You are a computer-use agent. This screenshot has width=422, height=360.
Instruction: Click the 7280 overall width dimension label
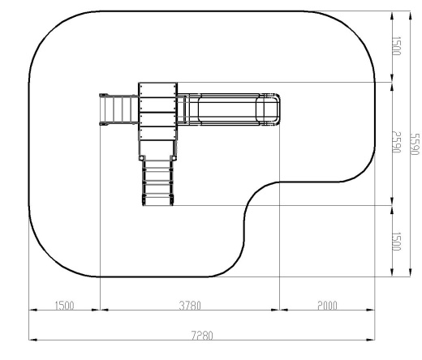(x=202, y=336)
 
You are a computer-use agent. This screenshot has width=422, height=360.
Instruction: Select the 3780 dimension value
(x=190, y=306)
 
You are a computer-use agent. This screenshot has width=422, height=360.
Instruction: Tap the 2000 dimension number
(x=327, y=306)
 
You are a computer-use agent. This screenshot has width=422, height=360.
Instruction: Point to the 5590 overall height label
(x=414, y=144)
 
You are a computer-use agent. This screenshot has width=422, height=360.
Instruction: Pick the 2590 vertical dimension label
(x=396, y=142)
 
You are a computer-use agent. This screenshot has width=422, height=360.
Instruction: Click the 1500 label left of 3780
(x=64, y=306)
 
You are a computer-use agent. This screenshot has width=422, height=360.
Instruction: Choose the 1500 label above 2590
(x=396, y=46)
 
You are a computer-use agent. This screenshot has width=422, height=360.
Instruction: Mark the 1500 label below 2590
(x=396, y=242)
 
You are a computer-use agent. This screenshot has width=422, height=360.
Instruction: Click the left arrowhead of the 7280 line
(x=32, y=340)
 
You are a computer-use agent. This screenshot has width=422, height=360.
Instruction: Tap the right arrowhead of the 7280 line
(x=371, y=340)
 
